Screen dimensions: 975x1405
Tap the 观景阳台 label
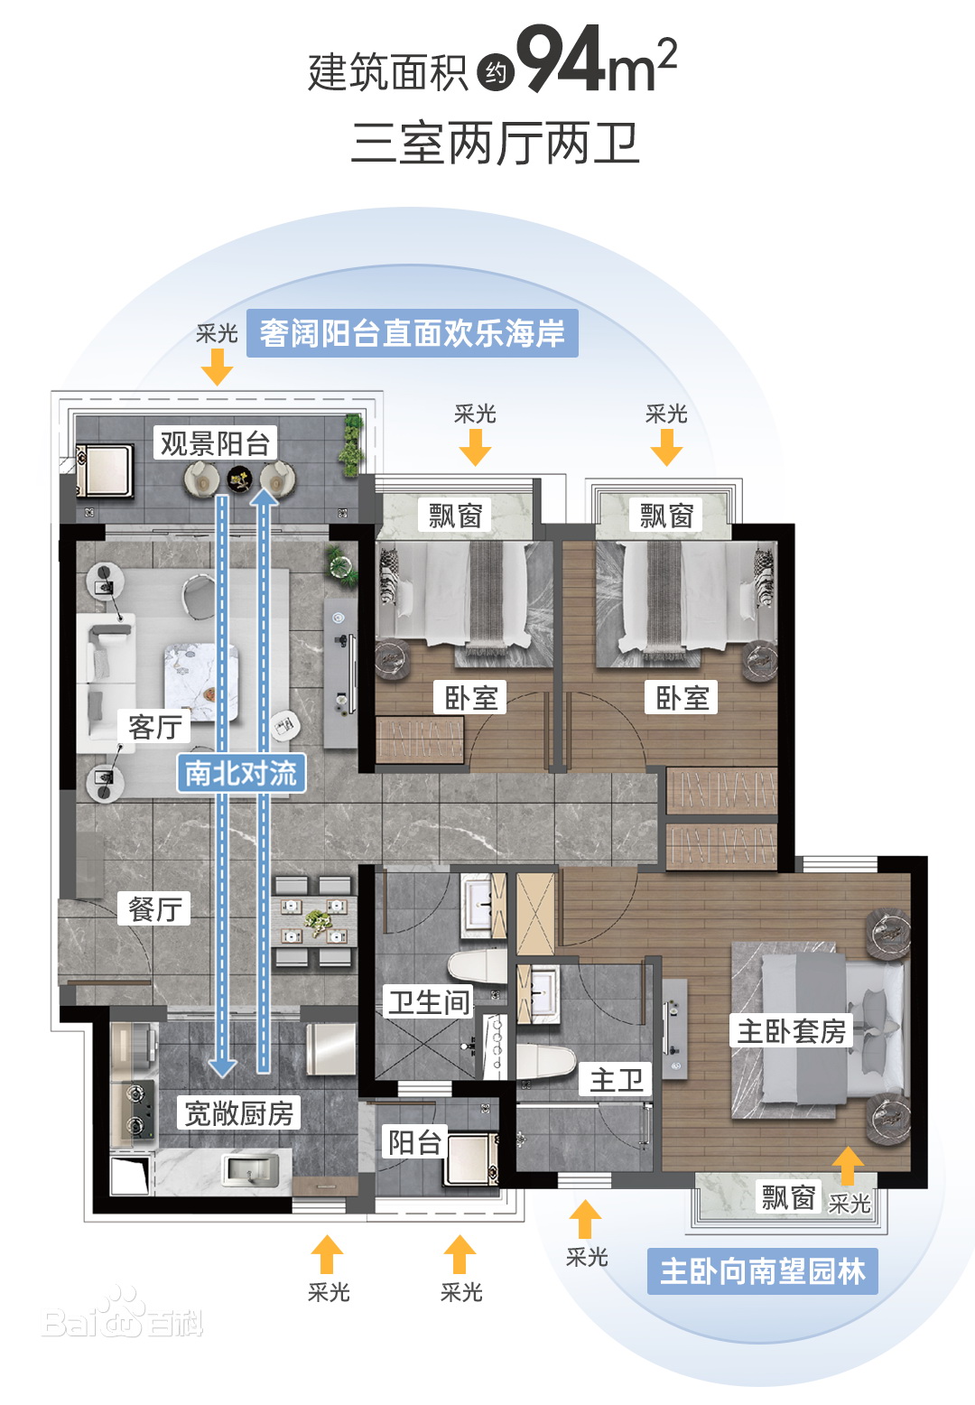(x=215, y=443)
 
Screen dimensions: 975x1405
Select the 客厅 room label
(x=154, y=727)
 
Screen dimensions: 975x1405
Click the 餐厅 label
(x=154, y=909)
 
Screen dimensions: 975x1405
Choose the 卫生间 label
(x=429, y=1001)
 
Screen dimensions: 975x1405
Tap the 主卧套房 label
(x=792, y=1030)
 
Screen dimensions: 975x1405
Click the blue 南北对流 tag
(x=241, y=773)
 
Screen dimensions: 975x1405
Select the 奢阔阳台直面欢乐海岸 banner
(x=412, y=333)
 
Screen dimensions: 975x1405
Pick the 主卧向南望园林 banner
(x=763, y=1271)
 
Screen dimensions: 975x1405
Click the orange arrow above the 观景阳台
(x=217, y=367)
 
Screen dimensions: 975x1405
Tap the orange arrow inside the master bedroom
(x=848, y=1166)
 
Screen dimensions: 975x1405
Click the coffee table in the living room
(x=201, y=682)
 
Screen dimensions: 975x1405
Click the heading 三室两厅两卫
(x=496, y=143)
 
